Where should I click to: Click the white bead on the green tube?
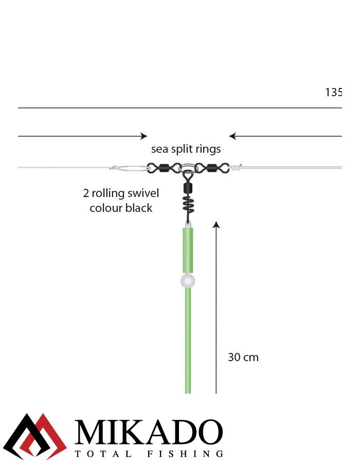click(188, 280)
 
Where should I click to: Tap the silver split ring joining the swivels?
click(188, 168)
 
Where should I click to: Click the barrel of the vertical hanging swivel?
click(188, 187)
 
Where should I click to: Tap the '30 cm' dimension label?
click(243, 358)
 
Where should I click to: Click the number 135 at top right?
click(333, 92)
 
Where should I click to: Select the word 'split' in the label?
click(179, 149)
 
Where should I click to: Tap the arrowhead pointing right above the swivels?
click(144, 136)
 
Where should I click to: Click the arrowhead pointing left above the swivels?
click(232, 136)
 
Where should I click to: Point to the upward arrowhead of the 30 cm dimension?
click(217, 225)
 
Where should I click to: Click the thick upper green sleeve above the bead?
click(188, 250)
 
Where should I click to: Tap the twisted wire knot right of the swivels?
click(236, 167)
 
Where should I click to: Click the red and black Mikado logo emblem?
click(35, 436)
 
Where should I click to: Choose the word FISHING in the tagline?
click(185, 454)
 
